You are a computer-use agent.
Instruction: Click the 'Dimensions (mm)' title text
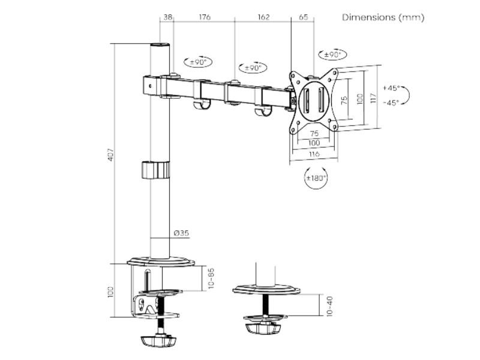383,17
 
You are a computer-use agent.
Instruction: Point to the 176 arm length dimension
204,17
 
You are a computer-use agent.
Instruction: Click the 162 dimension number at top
263,17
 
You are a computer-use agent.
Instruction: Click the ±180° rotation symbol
316,178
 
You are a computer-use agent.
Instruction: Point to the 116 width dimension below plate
314,154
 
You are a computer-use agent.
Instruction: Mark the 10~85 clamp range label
211,278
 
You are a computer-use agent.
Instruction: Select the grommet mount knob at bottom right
264,328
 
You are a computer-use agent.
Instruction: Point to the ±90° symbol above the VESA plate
332,55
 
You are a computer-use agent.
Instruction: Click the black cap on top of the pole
159,45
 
